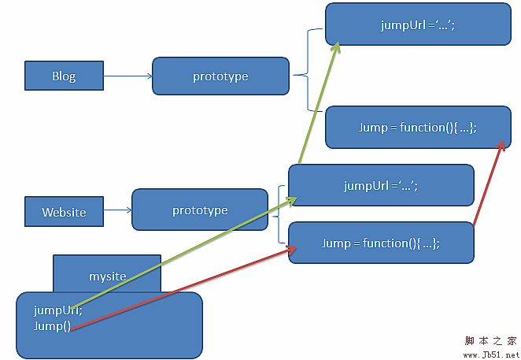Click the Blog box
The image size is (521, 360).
point(64,76)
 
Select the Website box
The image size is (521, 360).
point(64,212)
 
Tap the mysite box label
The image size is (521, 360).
point(107,276)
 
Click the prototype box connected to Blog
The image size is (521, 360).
point(220,76)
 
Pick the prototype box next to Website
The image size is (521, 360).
point(200,210)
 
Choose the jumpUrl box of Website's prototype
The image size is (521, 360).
point(381,186)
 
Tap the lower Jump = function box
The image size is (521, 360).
point(381,243)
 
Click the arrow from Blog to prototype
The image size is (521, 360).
point(127,76)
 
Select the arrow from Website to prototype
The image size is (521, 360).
point(118,210)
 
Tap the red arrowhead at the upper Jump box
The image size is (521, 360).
point(501,145)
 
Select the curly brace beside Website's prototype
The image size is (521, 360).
point(279,213)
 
